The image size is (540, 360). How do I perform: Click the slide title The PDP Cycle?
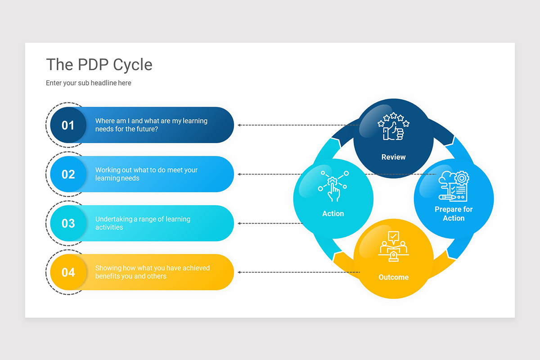point(99,65)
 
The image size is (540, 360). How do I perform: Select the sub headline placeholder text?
point(89,83)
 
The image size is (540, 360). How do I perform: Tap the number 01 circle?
point(68,125)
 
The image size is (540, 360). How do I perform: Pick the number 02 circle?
point(68,174)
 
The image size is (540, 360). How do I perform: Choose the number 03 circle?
point(68,223)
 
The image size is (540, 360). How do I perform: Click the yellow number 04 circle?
point(68,272)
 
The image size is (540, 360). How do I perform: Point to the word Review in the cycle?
point(393,157)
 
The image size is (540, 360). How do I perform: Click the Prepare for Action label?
point(454,214)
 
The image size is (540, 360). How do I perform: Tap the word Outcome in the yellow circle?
point(393,277)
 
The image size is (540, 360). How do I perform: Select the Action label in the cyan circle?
point(333,214)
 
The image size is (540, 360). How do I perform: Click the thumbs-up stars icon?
point(393,127)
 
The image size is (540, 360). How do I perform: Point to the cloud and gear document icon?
point(453,186)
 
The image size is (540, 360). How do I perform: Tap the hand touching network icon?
point(333,184)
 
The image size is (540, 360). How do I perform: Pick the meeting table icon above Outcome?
point(393,246)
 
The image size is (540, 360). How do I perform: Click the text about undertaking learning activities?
point(143,223)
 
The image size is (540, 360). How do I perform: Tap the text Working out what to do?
point(146,174)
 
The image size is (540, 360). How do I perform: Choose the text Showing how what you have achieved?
point(152,272)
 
